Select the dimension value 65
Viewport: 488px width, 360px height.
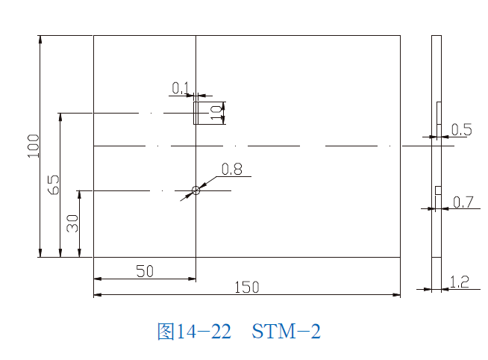(53, 184)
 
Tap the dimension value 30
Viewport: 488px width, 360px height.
(72, 223)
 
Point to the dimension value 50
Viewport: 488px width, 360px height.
(145, 272)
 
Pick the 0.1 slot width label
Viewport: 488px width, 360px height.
(180, 89)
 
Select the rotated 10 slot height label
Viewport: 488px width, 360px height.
(216, 114)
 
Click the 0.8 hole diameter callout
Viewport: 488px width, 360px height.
(232, 169)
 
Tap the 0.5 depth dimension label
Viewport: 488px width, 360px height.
(462, 130)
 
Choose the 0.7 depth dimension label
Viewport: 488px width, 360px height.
(463, 202)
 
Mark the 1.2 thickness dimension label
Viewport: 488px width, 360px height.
(460, 282)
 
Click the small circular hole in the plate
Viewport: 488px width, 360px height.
(196, 190)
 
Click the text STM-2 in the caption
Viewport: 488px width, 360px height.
(287, 331)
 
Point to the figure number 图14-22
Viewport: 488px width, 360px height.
(194, 331)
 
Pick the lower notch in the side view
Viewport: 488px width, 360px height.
(439, 191)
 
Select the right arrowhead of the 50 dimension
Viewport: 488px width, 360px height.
(193, 280)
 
